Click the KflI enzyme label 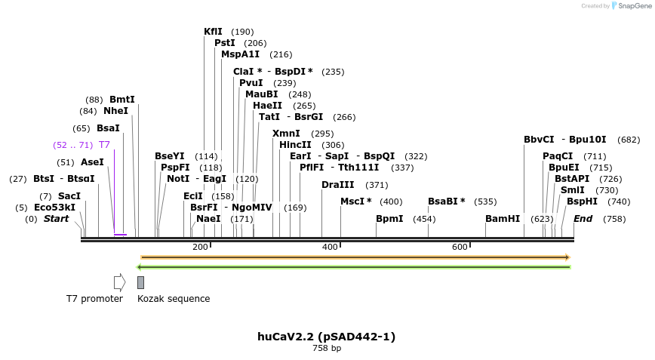(x=213, y=32)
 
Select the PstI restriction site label (x=224, y=43)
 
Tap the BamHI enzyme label (x=503, y=219)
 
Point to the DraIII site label (x=337, y=185)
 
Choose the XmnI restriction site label (x=286, y=134)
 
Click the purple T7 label (x=104, y=145)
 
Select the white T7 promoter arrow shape (x=119, y=282)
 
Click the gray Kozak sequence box (x=140, y=282)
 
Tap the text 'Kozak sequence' (x=174, y=299)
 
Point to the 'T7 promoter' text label (x=94, y=299)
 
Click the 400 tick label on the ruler (x=330, y=248)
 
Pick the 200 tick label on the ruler (x=200, y=248)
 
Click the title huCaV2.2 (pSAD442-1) (x=326, y=337)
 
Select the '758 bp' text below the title (x=327, y=349)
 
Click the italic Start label (x=56, y=219)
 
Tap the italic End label (x=583, y=219)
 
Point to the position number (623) (x=542, y=219)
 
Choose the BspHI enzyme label (x=582, y=202)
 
